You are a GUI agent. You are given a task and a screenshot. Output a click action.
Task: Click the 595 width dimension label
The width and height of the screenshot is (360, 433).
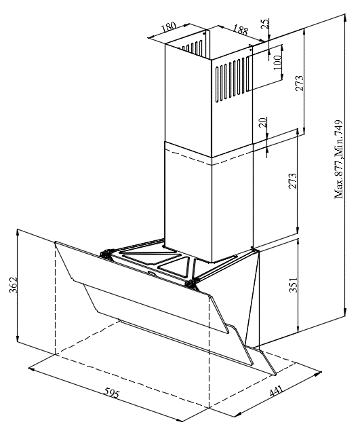[112, 392]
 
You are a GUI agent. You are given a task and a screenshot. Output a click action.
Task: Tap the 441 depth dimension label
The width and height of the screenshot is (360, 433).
[276, 391]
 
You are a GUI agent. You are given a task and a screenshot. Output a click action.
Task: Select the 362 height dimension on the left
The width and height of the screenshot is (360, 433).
[14, 285]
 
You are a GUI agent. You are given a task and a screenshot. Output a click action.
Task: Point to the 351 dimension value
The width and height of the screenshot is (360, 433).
[294, 285]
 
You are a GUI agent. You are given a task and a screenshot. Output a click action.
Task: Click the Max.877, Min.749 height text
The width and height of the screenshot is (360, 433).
[339, 159]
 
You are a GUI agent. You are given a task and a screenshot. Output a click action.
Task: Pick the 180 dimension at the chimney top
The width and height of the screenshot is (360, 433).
[168, 27]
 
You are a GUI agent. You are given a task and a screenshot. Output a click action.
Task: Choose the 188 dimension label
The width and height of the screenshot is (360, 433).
[241, 30]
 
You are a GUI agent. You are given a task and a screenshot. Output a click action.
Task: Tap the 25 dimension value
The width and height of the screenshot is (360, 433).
[265, 24]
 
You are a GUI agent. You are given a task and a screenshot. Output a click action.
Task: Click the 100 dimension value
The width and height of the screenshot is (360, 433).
[278, 62]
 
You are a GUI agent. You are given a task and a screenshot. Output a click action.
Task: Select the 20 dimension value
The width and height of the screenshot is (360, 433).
[264, 122]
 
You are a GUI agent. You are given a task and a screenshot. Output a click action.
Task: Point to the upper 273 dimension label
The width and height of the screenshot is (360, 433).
[299, 83]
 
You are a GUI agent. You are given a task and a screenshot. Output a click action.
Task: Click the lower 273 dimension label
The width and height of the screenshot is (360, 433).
[293, 181]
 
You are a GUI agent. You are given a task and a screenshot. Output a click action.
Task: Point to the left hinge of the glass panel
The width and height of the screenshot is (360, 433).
[106, 254]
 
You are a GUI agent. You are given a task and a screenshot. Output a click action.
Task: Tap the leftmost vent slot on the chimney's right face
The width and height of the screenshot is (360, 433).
[218, 85]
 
